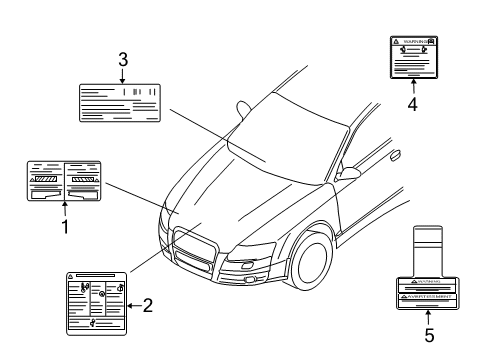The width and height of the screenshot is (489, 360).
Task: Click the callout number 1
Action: pos(65,226)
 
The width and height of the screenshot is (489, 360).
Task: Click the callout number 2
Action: pos(147,305)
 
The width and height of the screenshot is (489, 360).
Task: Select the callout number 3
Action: pos(122,60)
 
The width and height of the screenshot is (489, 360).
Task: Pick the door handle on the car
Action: pos(396,155)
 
